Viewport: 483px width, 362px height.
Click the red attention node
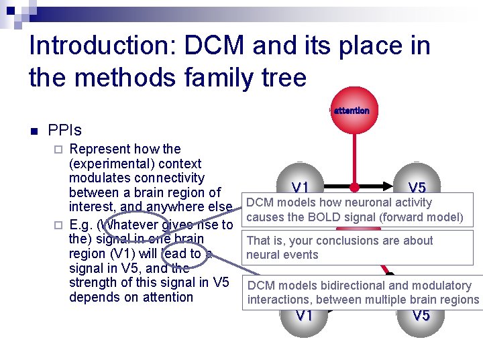pyautogui.click(x=352, y=110)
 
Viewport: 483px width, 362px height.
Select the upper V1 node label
pyautogui.click(x=300, y=188)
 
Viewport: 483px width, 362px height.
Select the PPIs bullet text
pyautogui.click(x=64, y=129)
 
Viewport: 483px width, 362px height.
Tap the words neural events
pyautogui.click(x=282, y=255)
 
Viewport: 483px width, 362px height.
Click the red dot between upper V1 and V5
pyautogui.click(x=354, y=188)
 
